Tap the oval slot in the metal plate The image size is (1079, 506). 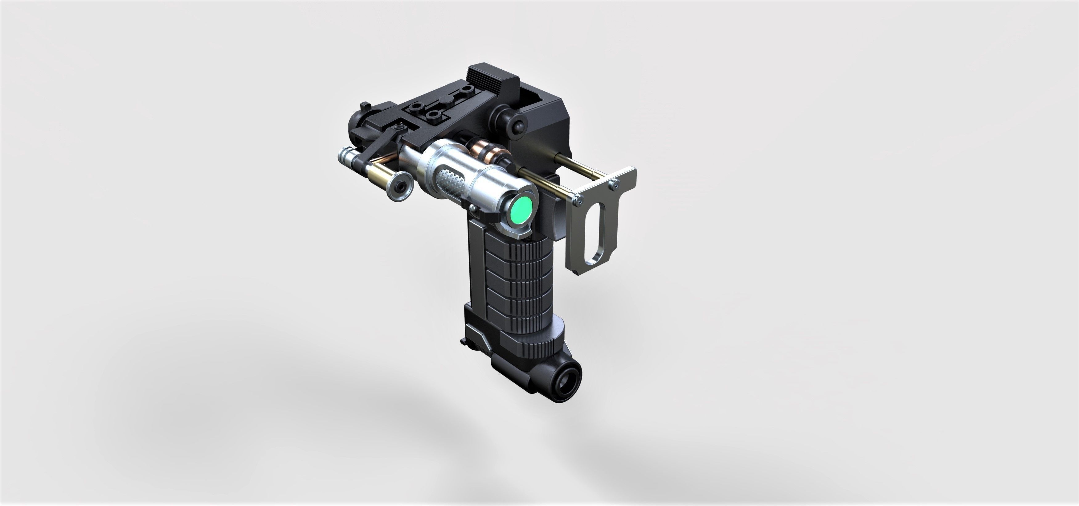tap(595, 233)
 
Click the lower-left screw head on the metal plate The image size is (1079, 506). tap(578, 201)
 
